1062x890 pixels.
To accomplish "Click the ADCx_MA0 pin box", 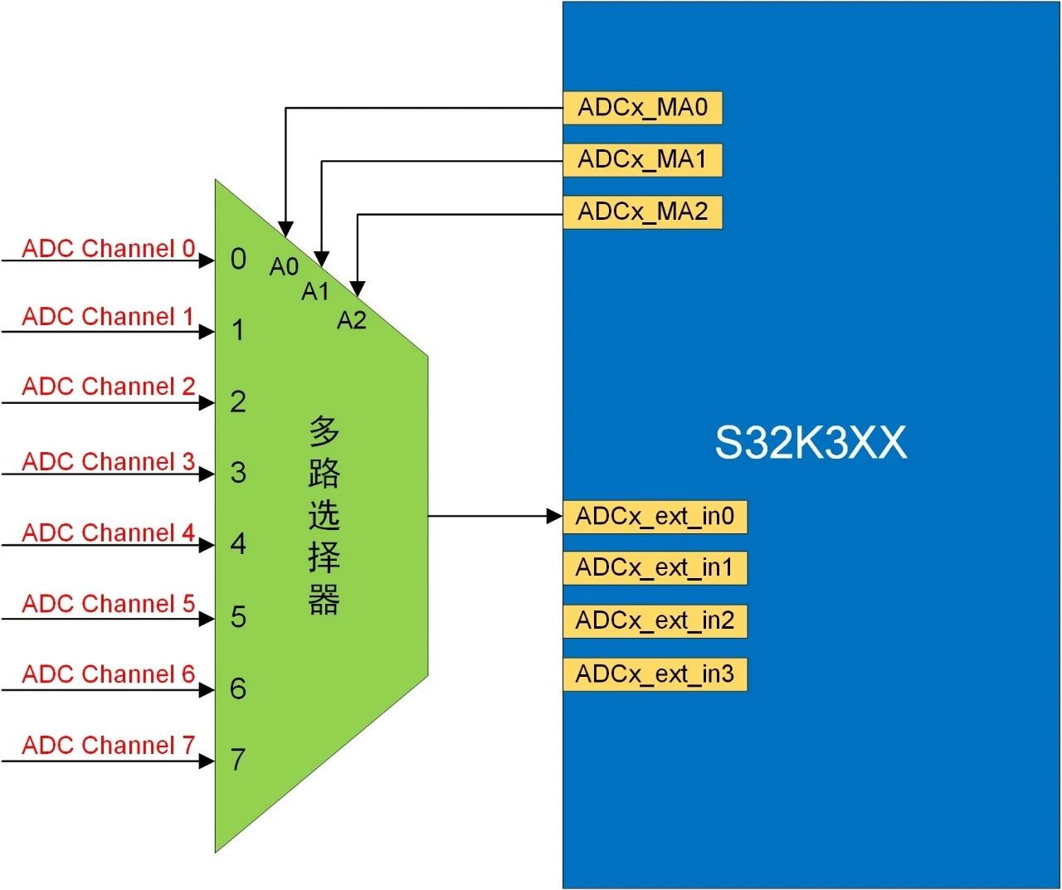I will click(x=642, y=108).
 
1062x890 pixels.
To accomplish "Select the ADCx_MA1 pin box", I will click(x=642, y=160).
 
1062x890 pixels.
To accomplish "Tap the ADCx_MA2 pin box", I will click(x=642, y=212).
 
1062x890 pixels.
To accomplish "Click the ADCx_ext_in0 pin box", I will click(x=655, y=517).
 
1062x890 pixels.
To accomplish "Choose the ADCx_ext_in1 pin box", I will click(x=655, y=568).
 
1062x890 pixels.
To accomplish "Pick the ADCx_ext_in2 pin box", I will click(x=655, y=621).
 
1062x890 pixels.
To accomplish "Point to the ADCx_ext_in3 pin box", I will click(x=655, y=674).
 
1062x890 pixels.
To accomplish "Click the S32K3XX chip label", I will click(x=811, y=443).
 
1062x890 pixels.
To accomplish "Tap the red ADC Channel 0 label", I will click(x=109, y=248).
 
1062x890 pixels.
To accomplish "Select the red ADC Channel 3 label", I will click(x=109, y=461).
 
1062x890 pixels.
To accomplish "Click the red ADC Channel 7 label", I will click(x=109, y=745).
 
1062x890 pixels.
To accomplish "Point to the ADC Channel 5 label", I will click(x=109, y=603).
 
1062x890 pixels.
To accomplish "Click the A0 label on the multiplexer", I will click(x=284, y=266).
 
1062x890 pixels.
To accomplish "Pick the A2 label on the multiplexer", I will click(x=352, y=320).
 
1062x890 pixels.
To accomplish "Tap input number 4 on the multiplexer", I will click(x=238, y=544).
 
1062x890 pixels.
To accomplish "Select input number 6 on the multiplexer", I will click(x=238, y=688).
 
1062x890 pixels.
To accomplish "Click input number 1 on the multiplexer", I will click(x=238, y=331).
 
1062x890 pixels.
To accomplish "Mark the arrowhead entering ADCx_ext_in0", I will click(x=554, y=516).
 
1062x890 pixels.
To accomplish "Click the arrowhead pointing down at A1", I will click(x=322, y=258).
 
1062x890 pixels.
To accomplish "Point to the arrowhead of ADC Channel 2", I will click(x=207, y=403).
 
